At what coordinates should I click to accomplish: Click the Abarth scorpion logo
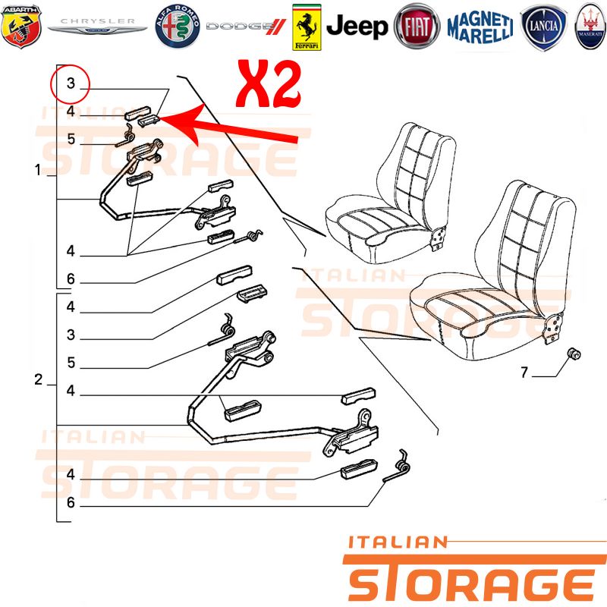click(x=21, y=27)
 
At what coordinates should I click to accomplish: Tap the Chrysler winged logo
click(x=97, y=26)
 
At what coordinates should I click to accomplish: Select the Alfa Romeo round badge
click(x=178, y=27)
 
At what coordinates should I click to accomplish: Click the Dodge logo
click(x=246, y=27)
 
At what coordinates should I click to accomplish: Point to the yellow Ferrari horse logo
click(x=307, y=27)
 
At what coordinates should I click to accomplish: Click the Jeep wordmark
click(x=357, y=27)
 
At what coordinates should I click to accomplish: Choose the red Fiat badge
click(x=417, y=27)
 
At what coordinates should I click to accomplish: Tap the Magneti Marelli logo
click(x=480, y=27)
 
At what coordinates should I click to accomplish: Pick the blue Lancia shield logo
click(x=543, y=27)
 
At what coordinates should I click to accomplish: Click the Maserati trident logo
click(x=590, y=27)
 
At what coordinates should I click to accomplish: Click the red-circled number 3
click(x=71, y=83)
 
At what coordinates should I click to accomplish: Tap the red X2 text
click(x=269, y=84)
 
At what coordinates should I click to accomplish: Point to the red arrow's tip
click(x=159, y=118)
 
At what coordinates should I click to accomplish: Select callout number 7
click(x=524, y=373)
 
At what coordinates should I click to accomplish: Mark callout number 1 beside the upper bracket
click(x=37, y=169)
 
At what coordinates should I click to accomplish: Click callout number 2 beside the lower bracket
click(x=38, y=379)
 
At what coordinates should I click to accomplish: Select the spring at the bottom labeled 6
click(x=397, y=467)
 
